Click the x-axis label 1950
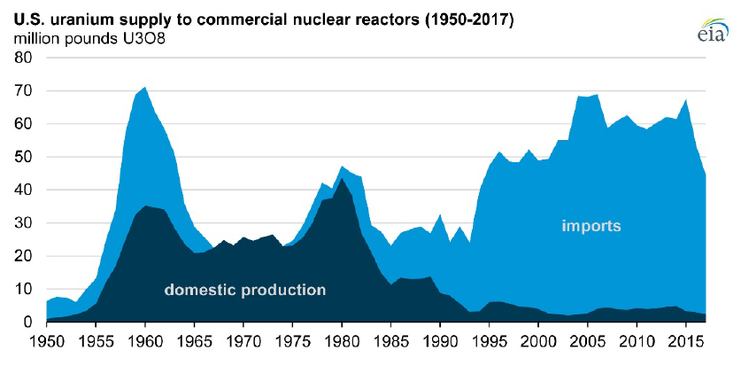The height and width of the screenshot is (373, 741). pos(46,339)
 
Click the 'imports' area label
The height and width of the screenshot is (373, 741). pos(591,227)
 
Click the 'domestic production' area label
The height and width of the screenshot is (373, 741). pos(245,291)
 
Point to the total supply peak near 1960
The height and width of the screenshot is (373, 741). pos(145,88)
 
